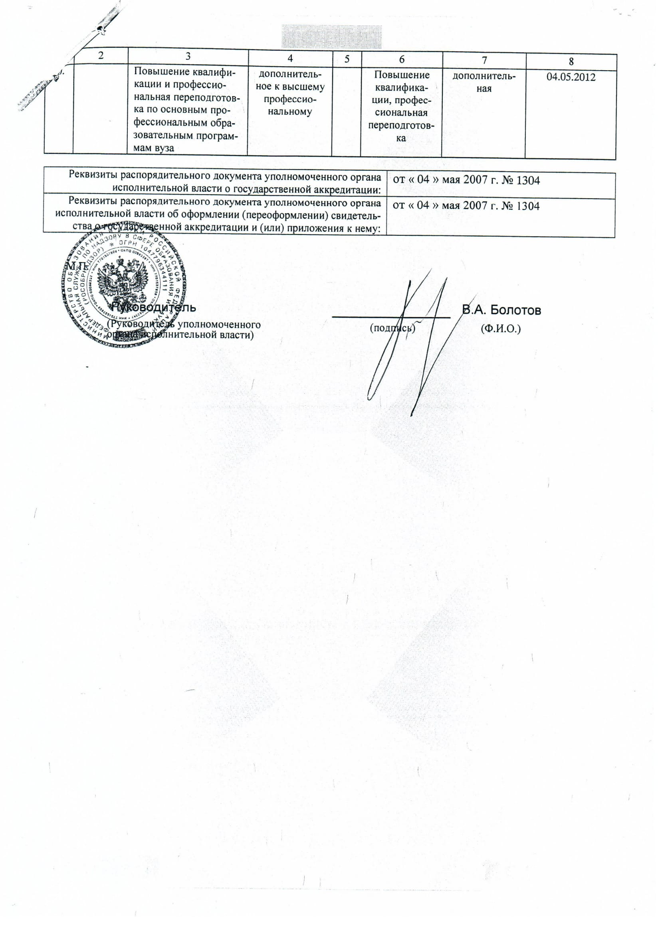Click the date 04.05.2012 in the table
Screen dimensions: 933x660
pos(571,77)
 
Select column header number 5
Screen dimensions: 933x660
pos(347,59)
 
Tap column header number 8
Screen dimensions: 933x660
pos(571,61)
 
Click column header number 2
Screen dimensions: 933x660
pos(101,55)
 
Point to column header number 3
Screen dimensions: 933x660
pos(188,57)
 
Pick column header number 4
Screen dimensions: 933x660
pos(290,59)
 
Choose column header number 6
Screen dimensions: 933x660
pos(401,60)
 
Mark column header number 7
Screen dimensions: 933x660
pos(484,61)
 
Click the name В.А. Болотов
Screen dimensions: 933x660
pos(501,310)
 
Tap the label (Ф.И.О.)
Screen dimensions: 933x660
pos(501,328)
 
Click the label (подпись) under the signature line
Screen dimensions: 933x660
pos(392,327)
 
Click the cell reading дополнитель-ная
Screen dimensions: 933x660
pos(484,83)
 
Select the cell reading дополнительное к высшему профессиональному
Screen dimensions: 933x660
pos(290,93)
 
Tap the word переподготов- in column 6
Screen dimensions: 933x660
pos(401,126)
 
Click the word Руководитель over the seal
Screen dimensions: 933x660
pos(154,308)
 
